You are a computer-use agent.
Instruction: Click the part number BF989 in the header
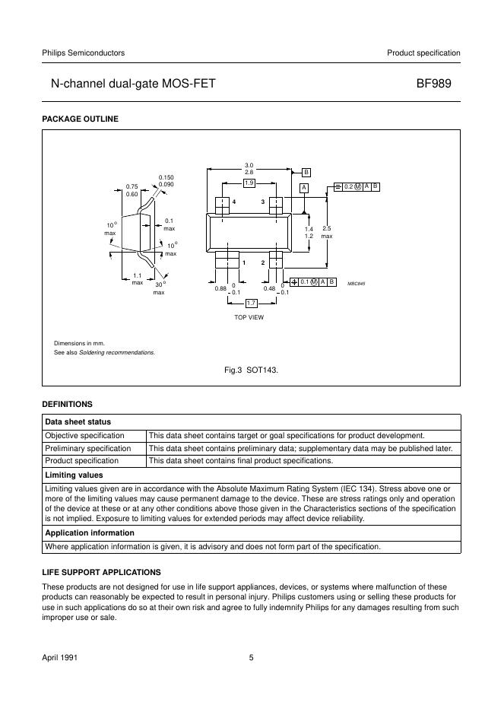438,85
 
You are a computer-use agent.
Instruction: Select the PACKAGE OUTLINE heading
80,119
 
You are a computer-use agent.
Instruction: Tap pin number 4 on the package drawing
234,202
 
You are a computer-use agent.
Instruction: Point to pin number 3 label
263,202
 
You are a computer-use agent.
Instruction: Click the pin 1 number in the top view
243,262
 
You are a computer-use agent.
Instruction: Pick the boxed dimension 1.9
249,183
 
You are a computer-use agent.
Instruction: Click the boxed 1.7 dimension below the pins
251,304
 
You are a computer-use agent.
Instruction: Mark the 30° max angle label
159,288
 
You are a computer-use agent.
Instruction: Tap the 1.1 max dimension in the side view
138,279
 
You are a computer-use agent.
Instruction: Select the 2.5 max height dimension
327,232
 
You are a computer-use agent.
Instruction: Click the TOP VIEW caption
249,317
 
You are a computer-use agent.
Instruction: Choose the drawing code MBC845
357,283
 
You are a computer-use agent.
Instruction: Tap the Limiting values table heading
74,475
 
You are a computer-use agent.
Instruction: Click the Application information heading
90,532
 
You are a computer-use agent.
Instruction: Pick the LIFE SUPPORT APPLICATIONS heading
101,571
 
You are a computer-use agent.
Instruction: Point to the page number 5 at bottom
251,657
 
